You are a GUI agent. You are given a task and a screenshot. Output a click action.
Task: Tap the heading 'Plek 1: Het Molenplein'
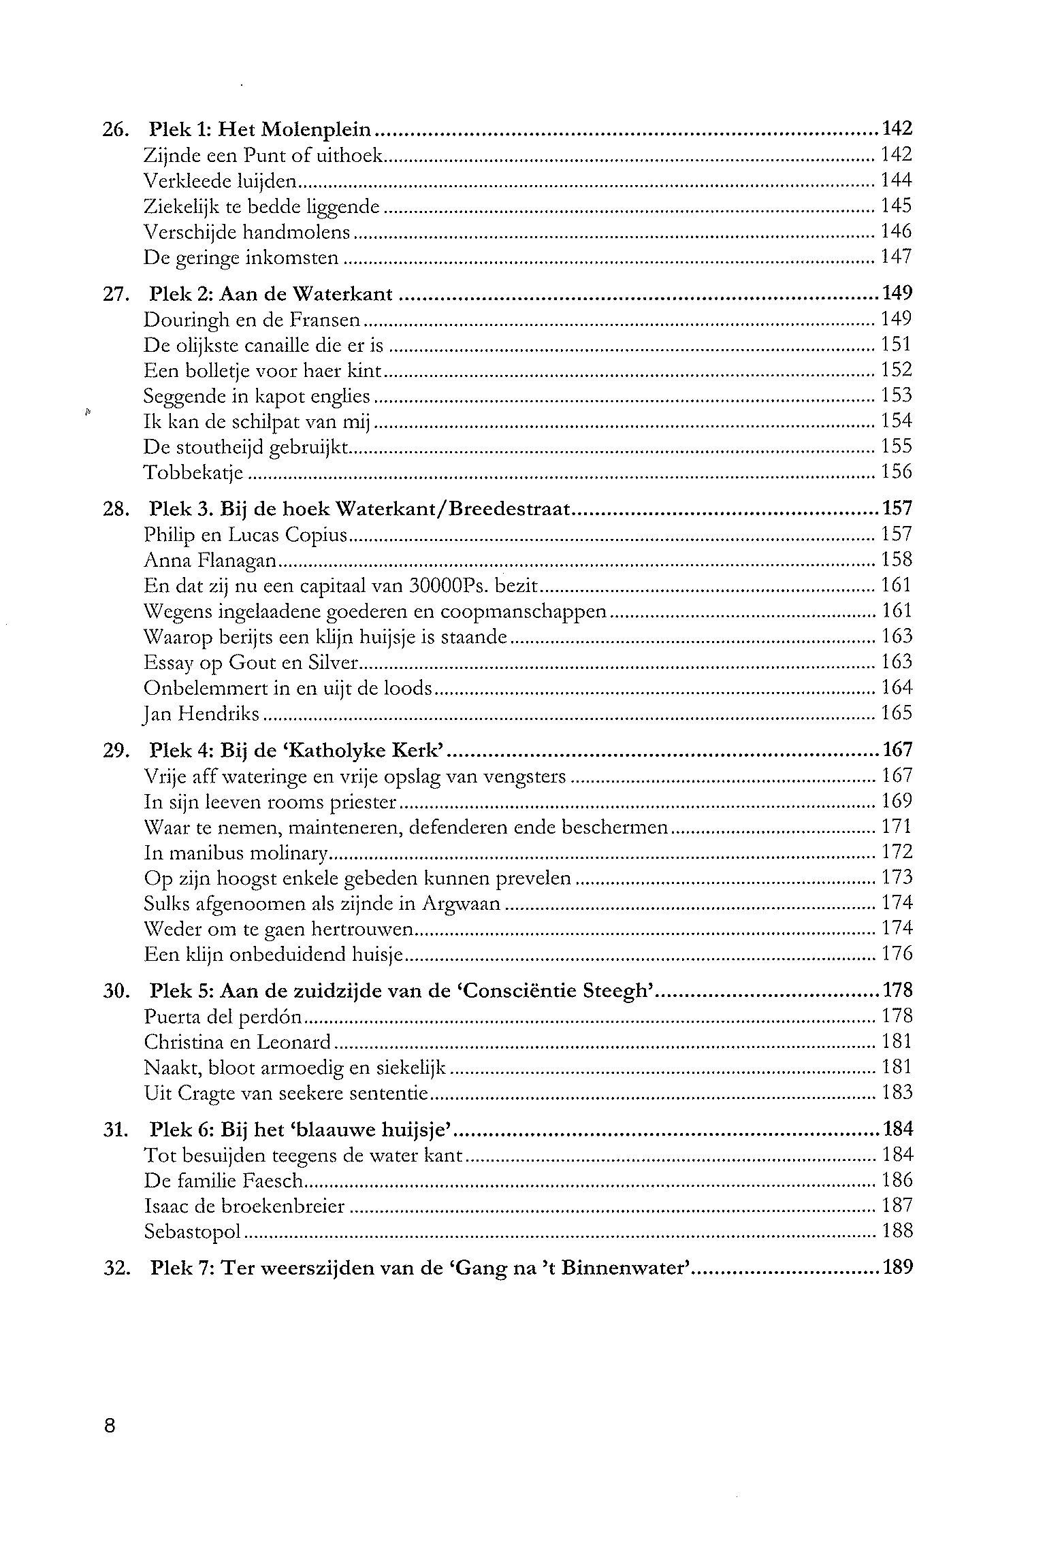coord(260,129)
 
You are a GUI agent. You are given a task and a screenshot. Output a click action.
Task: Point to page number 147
coord(896,257)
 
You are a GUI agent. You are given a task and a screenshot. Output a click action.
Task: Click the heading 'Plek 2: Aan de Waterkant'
coord(271,294)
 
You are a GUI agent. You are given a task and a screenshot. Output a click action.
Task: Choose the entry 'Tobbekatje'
coord(193,472)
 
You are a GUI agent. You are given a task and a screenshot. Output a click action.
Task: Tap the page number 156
coord(896,472)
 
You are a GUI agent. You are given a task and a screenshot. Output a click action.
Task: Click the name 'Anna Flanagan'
coord(210,560)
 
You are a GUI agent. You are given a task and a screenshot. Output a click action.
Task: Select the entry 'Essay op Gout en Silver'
coord(251,662)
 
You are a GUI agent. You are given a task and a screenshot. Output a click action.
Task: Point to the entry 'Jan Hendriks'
coord(202,714)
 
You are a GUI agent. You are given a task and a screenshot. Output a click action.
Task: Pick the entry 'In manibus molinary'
coord(236,853)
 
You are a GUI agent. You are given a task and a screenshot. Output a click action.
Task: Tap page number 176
coord(897,953)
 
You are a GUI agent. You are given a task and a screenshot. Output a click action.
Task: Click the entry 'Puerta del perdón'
coord(223,1017)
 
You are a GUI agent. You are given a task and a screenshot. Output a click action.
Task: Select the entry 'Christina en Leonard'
coord(237,1042)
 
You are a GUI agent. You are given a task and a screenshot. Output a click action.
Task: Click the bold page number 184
coord(897,1130)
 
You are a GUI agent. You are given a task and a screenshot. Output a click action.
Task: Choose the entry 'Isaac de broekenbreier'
coord(244,1207)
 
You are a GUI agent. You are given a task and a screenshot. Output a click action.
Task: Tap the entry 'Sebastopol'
coord(193,1232)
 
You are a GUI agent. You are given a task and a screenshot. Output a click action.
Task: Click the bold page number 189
coord(897,1268)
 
